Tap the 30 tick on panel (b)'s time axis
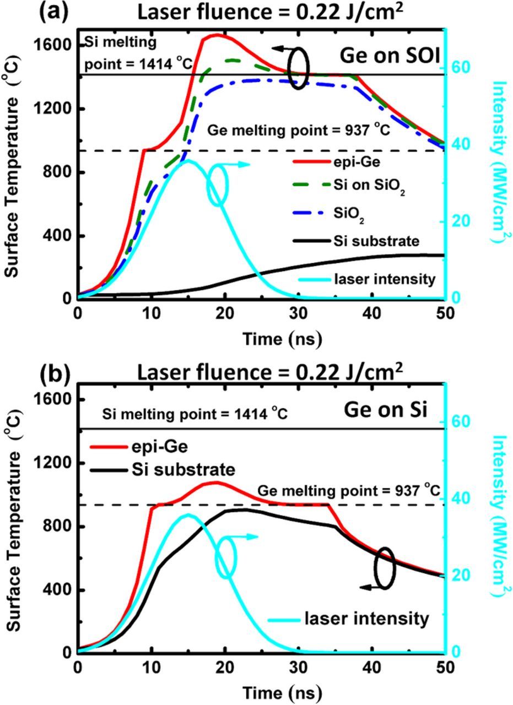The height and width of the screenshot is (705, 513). pos(298,667)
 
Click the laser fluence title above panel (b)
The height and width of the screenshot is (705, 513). pos(269,372)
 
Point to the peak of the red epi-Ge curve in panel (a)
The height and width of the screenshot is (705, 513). pos(217,35)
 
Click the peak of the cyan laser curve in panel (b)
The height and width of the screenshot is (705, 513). pos(188,515)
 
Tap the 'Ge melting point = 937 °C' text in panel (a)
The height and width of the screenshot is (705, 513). pos(299,131)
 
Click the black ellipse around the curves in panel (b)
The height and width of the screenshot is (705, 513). pos(385,568)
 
